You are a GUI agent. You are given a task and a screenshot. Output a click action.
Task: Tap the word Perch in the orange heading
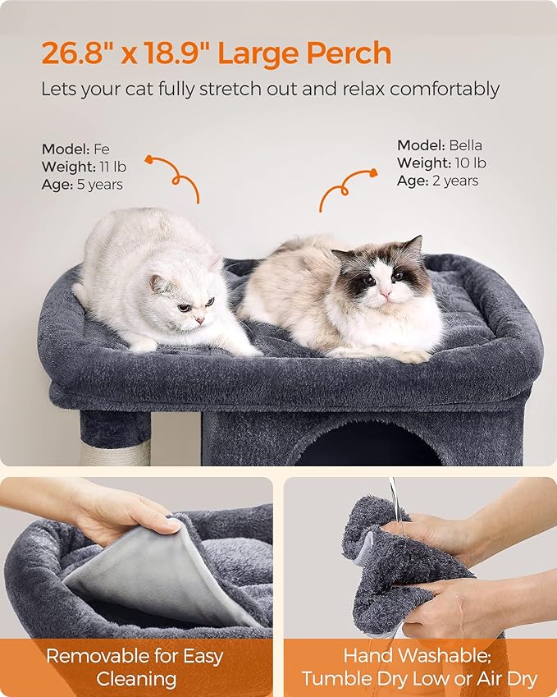pos(348,53)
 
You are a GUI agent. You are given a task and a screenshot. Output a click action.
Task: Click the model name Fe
pos(101,149)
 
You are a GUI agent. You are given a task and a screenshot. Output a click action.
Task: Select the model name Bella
pos(465,145)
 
